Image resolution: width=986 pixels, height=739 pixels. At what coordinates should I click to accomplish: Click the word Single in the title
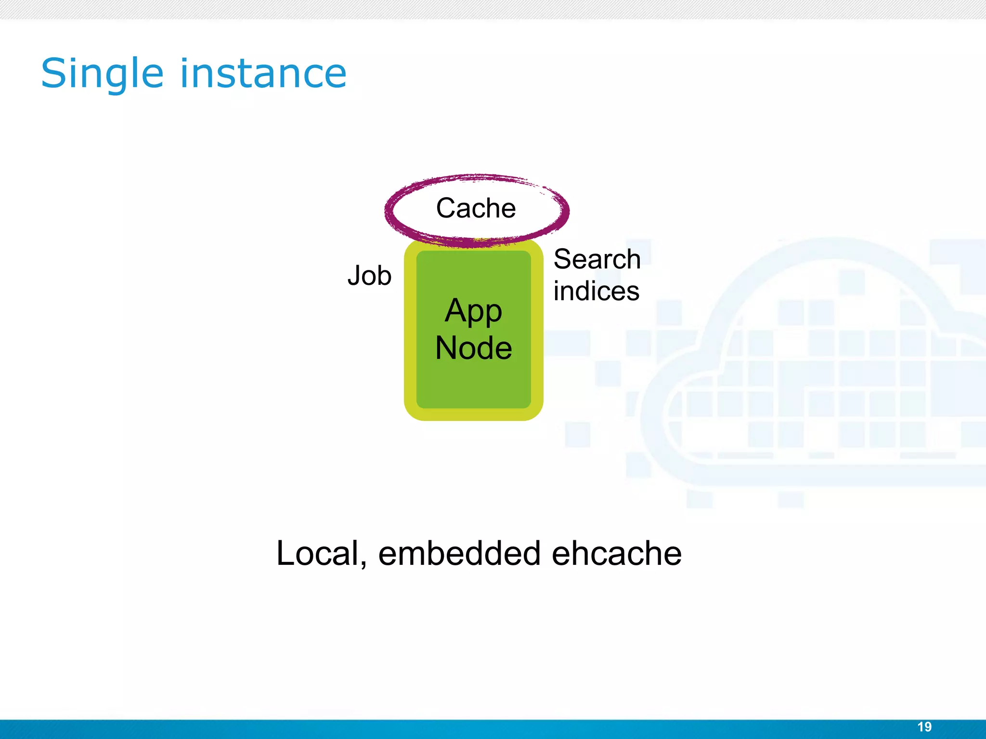102,74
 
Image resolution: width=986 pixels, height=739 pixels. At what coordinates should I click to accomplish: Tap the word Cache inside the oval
476,208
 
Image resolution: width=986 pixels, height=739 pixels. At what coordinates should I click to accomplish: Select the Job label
369,276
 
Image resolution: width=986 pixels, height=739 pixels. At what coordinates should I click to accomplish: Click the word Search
597,259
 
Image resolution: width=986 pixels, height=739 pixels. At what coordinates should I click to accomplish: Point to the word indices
596,291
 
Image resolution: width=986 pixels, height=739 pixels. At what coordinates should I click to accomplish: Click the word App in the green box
473,312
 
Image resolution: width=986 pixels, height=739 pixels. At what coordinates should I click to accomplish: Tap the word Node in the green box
473,348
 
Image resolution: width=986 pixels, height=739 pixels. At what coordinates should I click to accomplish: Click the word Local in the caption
318,553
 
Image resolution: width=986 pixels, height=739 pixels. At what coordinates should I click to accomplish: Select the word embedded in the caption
460,553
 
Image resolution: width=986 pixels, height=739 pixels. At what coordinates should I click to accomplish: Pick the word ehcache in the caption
616,553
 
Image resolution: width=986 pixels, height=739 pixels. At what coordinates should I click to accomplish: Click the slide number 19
924,727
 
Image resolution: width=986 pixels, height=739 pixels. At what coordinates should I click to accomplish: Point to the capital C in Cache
446,208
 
